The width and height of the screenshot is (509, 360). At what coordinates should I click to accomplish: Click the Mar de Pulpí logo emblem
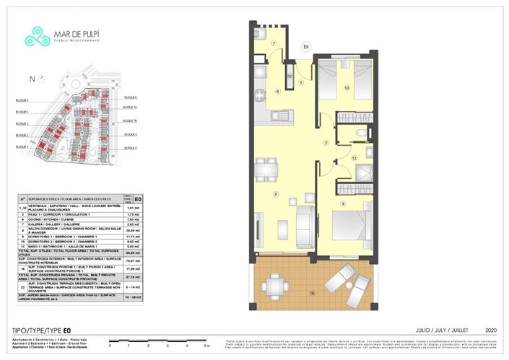[x=36, y=34]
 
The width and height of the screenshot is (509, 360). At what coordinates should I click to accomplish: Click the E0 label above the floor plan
[x=306, y=47]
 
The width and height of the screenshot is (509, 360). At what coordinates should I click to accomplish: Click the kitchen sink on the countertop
[x=283, y=115]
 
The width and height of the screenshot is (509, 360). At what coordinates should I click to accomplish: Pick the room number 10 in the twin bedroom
[x=347, y=88]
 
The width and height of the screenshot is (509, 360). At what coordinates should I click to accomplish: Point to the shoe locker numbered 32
[x=290, y=75]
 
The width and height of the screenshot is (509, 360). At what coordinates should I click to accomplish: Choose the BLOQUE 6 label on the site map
[x=130, y=97]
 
